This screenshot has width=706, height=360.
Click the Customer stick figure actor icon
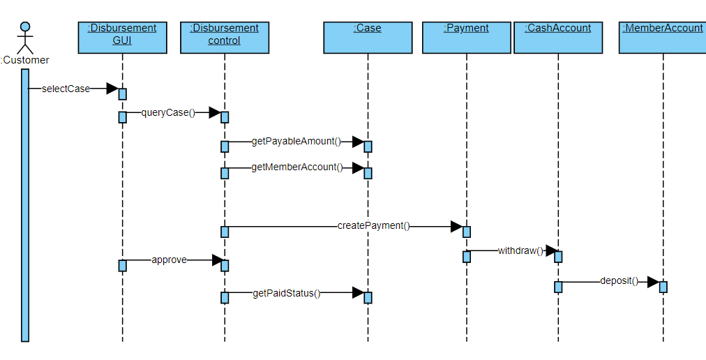tap(25, 38)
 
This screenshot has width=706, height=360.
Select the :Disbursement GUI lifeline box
tap(122, 38)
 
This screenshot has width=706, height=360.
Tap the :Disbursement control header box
tap(225, 38)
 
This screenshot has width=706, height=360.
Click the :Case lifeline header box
tap(368, 38)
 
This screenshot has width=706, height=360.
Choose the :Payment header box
tap(466, 38)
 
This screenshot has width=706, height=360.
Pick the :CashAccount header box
tap(558, 38)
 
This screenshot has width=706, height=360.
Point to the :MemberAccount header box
tap(663, 38)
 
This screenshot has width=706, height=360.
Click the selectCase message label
tap(66, 89)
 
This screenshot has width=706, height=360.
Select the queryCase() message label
tap(168, 112)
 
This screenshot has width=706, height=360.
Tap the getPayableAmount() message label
tap(296, 142)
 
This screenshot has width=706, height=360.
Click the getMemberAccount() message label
tap(297, 167)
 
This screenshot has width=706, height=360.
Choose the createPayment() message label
tap(374, 226)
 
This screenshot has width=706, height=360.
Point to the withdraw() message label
tap(520, 250)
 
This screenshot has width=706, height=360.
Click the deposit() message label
tap(619, 281)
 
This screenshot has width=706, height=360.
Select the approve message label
tap(169, 260)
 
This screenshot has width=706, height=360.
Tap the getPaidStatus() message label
tap(287, 293)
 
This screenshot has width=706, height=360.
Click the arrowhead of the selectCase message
tap(112, 89)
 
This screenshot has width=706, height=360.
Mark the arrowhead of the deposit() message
tap(653, 282)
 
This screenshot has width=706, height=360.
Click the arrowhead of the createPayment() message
tap(456, 227)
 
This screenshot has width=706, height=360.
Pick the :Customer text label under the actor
tap(25, 60)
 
